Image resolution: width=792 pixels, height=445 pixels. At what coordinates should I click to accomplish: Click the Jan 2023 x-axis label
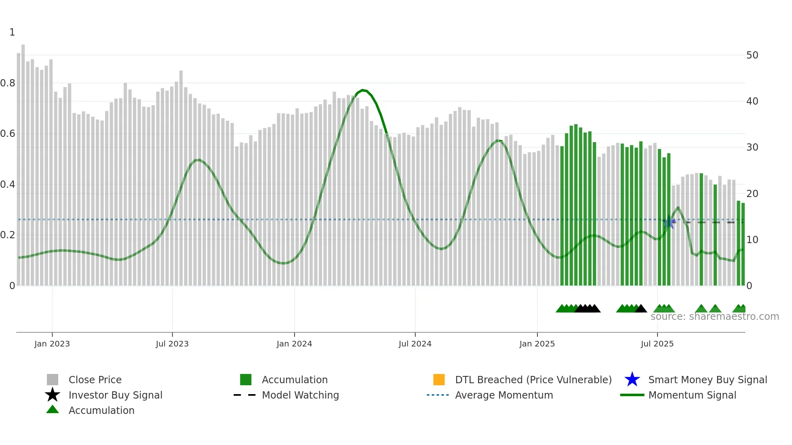pyautogui.click(x=52, y=344)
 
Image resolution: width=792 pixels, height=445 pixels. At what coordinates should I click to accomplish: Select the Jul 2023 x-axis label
pyautogui.click(x=172, y=344)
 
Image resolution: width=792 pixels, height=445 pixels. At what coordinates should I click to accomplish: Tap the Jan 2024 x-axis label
pyautogui.click(x=294, y=344)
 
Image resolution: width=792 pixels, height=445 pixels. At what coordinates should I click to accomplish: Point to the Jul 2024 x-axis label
pyautogui.click(x=415, y=344)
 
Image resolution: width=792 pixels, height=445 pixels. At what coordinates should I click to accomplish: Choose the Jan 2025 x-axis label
pyautogui.click(x=537, y=344)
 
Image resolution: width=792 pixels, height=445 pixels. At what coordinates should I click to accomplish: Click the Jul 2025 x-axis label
pyautogui.click(x=657, y=344)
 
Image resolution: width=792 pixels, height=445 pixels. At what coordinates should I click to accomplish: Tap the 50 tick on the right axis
pyautogui.click(x=752, y=55)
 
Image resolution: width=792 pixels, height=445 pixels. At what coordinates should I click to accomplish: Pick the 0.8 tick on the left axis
pyautogui.click(x=8, y=83)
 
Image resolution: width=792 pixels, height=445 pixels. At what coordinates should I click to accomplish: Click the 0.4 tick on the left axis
pyautogui.click(x=8, y=185)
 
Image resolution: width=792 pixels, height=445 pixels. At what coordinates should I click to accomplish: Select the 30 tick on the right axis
pyautogui.click(x=752, y=147)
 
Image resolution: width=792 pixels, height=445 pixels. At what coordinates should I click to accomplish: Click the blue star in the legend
pyautogui.click(x=632, y=380)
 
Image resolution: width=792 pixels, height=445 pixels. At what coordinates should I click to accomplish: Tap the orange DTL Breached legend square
pyautogui.click(x=439, y=380)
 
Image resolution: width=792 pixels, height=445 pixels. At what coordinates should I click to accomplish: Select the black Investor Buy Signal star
pyautogui.click(x=53, y=395)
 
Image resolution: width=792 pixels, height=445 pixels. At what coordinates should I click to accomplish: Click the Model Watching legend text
pyautogui.click(x=300, y=395)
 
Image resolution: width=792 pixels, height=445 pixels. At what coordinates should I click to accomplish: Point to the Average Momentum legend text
pyautogui.click(x=504, y=395)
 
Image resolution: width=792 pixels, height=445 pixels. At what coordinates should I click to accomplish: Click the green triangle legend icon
pyautogui.click(x=53, y=409)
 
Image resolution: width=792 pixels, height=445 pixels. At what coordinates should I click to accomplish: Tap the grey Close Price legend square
pyautogui.click(x=53, y=380)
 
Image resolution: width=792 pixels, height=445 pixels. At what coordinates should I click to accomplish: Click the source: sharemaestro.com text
pyautogui.click(x=714, y=317)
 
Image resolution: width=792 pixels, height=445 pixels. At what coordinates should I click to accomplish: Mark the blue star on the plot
pyautogui.click(x=669, y=222)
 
